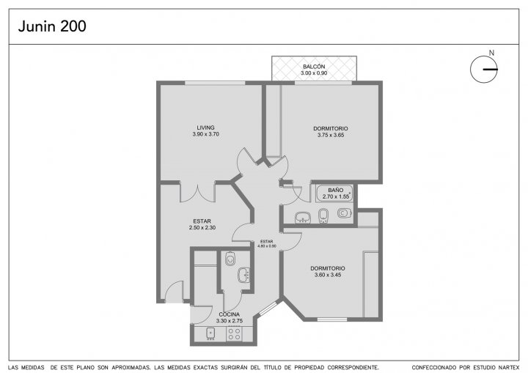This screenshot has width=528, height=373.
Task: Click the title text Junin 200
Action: coord(52,26)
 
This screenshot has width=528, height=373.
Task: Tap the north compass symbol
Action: coord(484,69)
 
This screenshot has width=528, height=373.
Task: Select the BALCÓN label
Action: coord(314,67)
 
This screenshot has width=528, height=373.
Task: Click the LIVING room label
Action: coord(206,128)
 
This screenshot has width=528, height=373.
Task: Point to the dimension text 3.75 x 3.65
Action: coord(331,135)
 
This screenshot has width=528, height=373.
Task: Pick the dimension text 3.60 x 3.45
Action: coord(328,275)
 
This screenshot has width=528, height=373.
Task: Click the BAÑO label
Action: coord(335,191)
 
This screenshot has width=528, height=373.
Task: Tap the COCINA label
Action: coord(230,314)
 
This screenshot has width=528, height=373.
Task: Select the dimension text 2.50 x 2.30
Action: coord(202,228)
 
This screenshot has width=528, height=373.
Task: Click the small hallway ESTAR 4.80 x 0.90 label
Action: coord(267,244)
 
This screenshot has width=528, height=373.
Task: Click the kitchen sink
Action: coord(210,333)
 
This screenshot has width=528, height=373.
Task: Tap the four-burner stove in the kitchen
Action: coord(234,334)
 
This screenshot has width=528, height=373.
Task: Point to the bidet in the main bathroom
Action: coord(323,215)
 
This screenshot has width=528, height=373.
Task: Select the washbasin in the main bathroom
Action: coord(303,218)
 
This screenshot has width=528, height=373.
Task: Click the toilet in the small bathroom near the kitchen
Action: coord(230,259)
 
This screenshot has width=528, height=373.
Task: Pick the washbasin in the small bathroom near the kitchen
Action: coord(243,275)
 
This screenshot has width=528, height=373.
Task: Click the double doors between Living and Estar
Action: coord(197,192)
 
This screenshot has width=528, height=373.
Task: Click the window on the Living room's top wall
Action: coord(215,83)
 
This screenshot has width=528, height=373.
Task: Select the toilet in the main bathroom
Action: coord(345,213)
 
